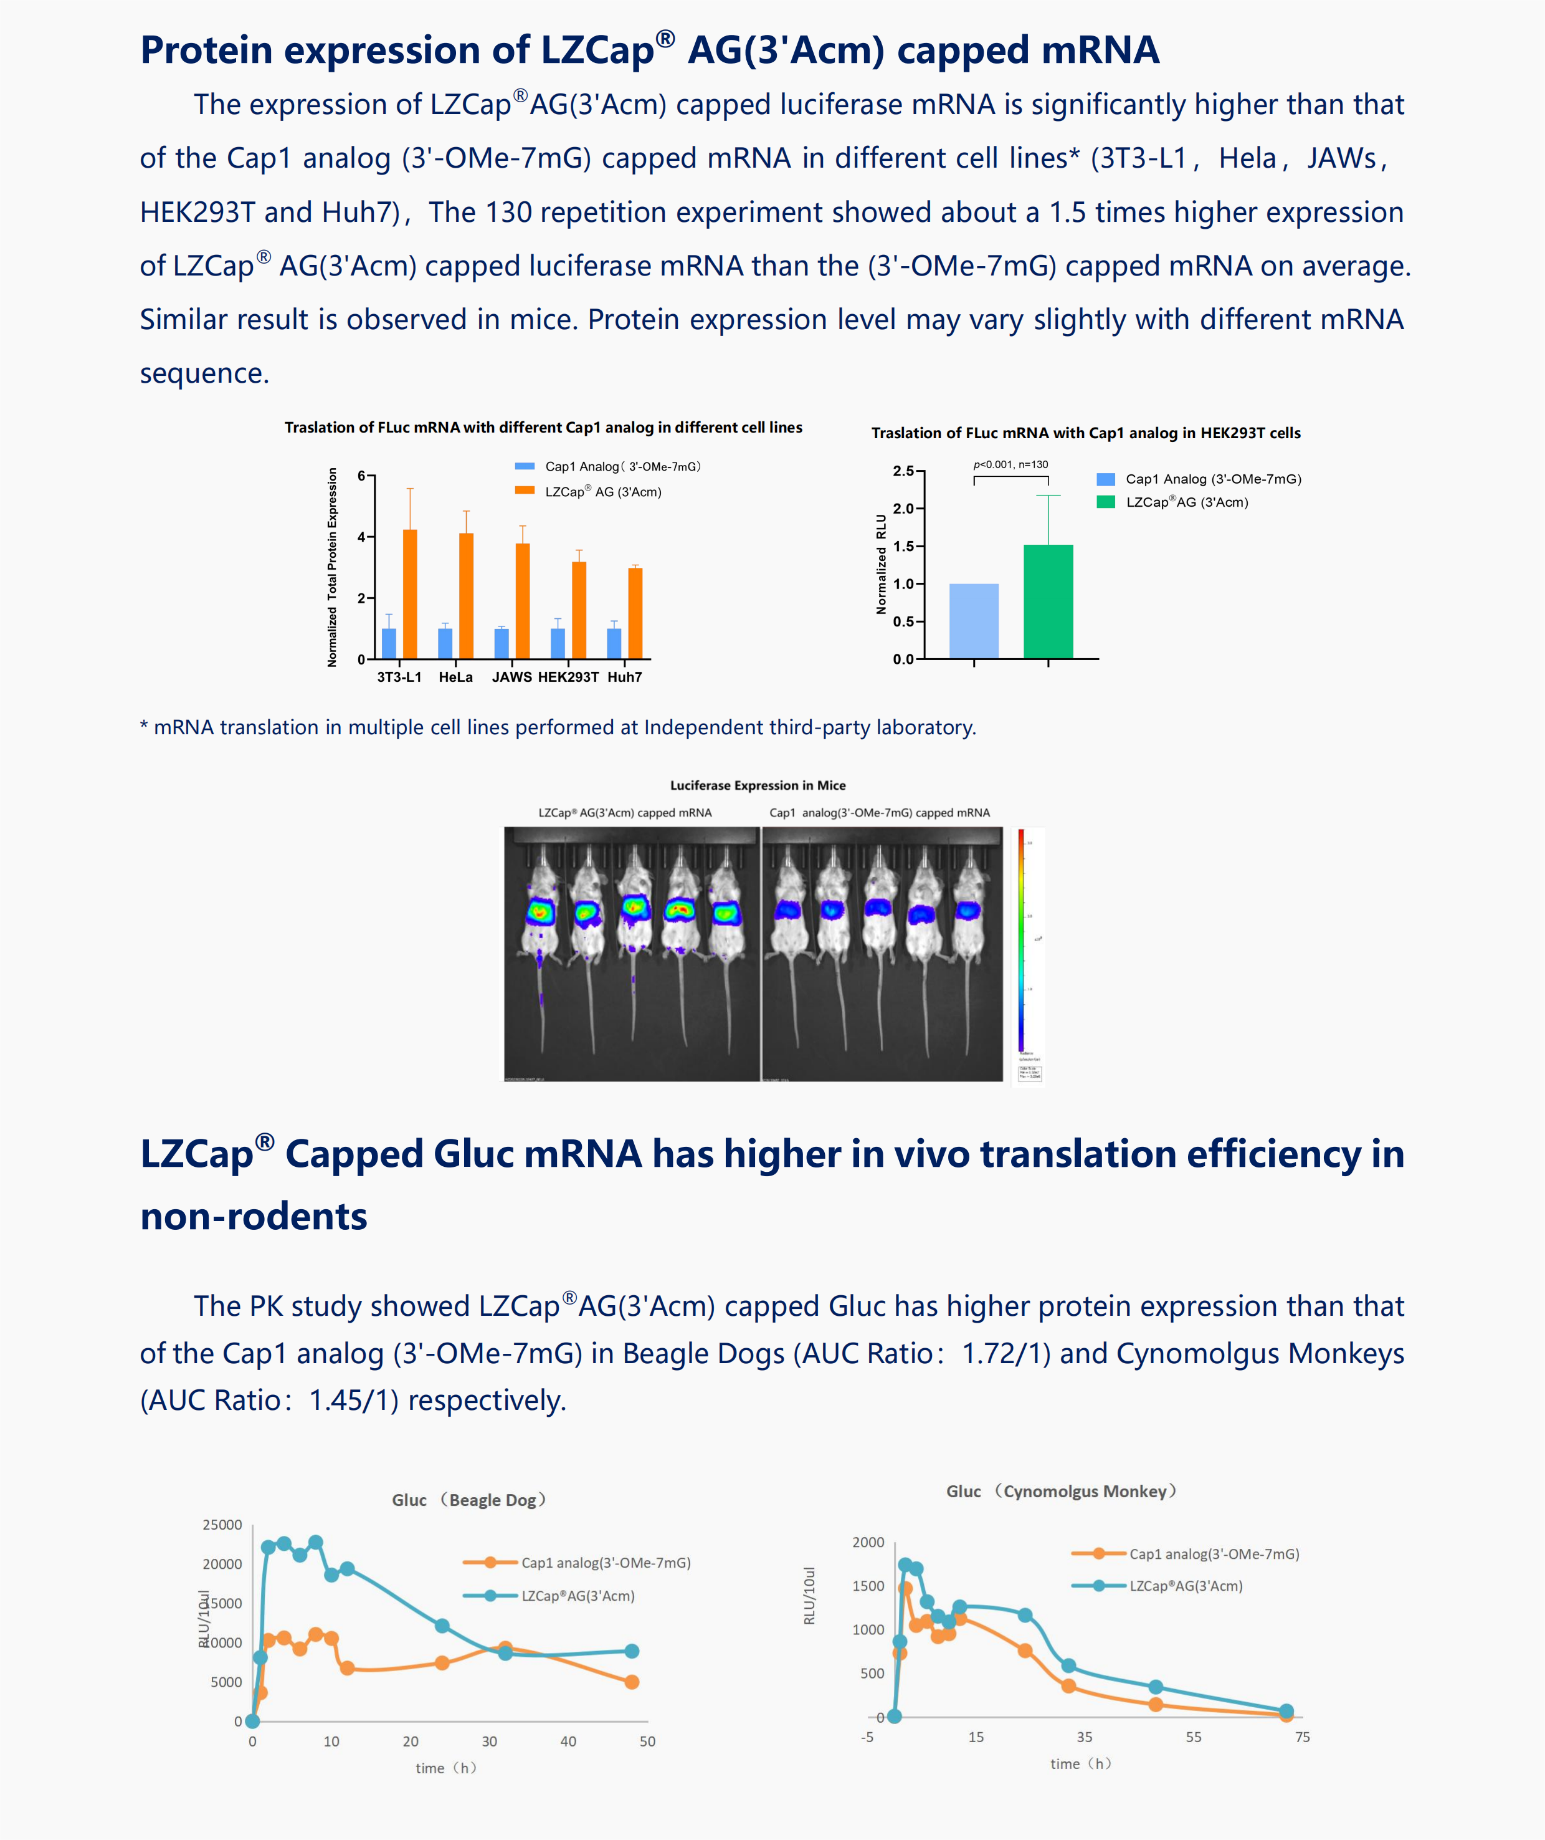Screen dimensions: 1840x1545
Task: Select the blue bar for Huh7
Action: point(614,643)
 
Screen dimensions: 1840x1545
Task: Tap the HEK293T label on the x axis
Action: point(568,678)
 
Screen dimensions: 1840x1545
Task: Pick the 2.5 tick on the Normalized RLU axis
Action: point(903,471)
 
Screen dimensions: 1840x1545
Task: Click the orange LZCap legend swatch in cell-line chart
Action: point(525,491)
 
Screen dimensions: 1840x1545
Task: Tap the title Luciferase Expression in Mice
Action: point(758,785)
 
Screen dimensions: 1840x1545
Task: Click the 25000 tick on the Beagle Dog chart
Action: point(222,1525)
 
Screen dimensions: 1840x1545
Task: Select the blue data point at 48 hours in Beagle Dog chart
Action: point(632,1651)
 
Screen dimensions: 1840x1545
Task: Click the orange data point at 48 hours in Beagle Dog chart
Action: point(632,1682)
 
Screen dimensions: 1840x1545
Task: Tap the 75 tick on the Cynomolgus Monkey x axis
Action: point(1303,1737)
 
